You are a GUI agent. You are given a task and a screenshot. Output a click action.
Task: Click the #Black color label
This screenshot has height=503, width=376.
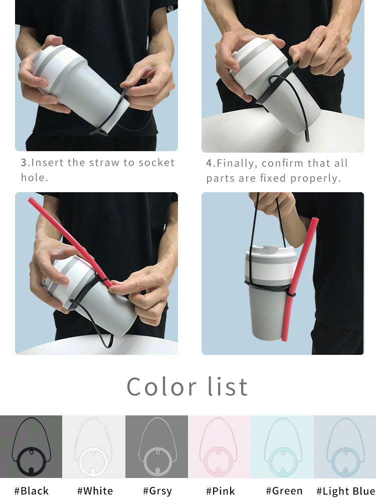coord(31,491)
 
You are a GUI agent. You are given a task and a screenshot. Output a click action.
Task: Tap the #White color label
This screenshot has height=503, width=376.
coord(95,491)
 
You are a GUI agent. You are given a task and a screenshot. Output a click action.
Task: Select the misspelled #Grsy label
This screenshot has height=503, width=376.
coord(157,491)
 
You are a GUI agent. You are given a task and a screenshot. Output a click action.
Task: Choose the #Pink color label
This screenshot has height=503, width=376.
coord(220,491)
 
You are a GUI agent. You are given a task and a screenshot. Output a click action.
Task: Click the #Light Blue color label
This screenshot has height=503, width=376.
coord(345,491)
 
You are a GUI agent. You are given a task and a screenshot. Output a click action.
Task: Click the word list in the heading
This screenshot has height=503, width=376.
coord(229,387)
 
